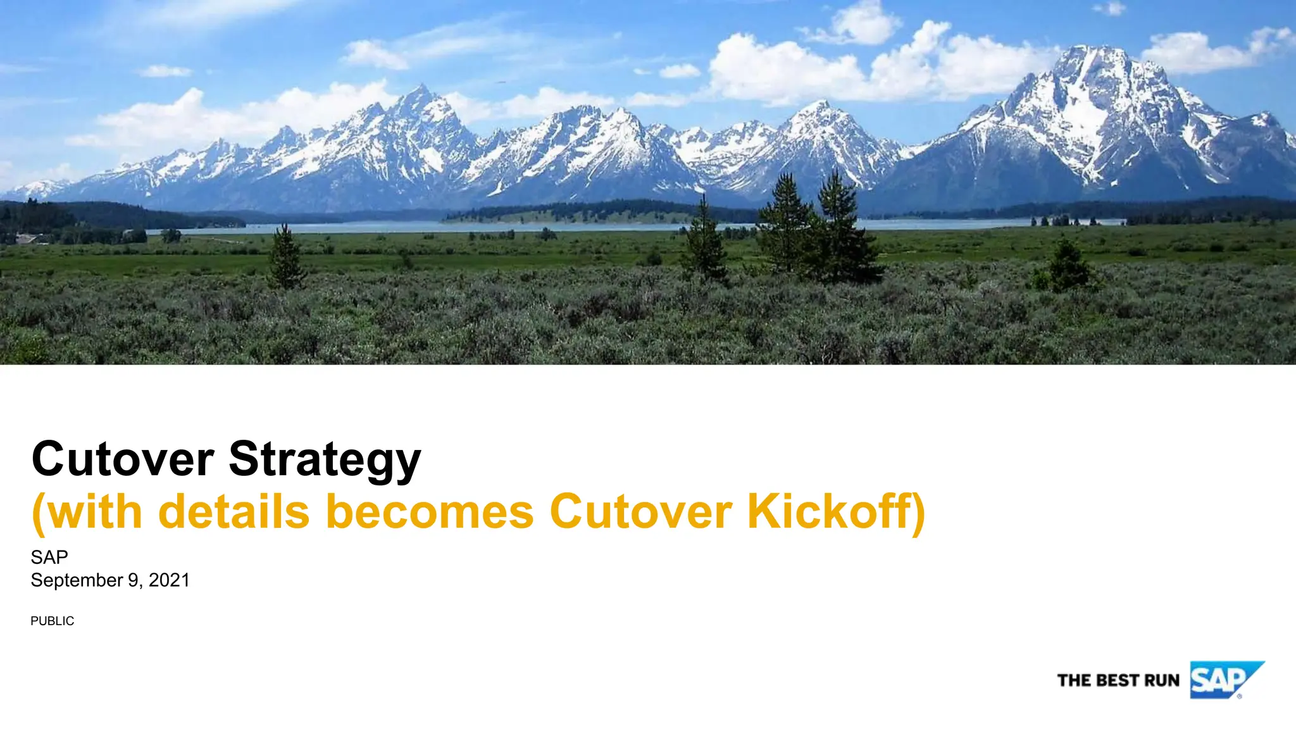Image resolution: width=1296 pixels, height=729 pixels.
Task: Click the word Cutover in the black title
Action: (x=123, y=459)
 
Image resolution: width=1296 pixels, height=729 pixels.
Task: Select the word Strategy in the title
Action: (x=325, y=460)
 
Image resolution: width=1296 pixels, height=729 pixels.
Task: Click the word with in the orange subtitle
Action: (x=95, y=511)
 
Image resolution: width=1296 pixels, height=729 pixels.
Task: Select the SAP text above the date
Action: (x=49, y=557)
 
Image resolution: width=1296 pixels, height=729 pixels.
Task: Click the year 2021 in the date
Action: (x=169, y=580)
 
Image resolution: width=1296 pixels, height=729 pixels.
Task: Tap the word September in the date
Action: (x=77, y=580)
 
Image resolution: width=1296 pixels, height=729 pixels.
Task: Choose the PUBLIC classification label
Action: (x=53, y=621)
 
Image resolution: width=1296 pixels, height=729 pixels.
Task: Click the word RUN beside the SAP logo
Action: (x=1162, y=680)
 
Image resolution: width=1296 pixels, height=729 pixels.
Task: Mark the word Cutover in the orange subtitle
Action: (x=640, y=511)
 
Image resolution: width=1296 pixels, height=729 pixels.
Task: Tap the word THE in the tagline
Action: (x=1073, y=680)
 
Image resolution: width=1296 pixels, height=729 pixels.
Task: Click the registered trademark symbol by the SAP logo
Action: (x=1239, y=696)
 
